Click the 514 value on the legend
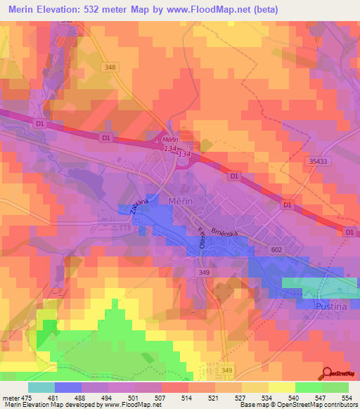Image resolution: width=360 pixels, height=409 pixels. (x=186, y=397)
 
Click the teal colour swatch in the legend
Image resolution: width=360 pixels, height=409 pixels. (x=41, y=387)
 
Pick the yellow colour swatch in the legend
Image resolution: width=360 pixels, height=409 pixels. (x=281, y=387)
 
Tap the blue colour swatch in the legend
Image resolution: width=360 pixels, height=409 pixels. (x=68, y=387)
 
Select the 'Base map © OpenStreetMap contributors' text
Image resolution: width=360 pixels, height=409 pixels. (x=297, y=405)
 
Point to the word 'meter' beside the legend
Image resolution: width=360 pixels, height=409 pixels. (x=9, y=397)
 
